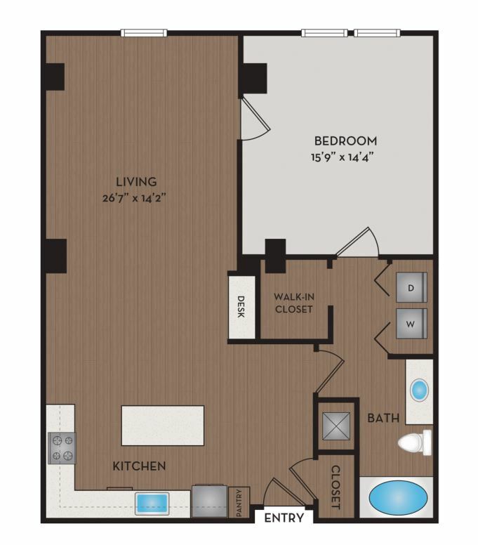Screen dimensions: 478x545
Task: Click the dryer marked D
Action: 411,287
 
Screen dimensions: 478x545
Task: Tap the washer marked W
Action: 411,324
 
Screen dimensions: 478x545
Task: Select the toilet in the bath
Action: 415,442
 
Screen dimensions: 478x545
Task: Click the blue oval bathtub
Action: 398,498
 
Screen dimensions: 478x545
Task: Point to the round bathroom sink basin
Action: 419,390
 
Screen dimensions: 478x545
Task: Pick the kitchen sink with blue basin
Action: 152,504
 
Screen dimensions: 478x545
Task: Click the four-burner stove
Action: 62,448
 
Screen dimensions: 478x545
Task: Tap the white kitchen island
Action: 163,426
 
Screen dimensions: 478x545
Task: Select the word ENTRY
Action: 284,518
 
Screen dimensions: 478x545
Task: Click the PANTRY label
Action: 239,503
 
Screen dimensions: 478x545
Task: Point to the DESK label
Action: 241,306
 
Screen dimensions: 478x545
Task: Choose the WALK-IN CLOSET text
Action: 294,303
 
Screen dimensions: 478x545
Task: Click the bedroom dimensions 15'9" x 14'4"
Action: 342,157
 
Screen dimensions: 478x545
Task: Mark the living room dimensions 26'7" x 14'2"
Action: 134,198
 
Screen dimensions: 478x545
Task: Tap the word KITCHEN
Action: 139,466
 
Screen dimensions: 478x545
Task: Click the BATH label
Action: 383,418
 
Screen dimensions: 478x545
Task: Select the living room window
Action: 144,33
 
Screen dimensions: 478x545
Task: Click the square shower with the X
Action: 336,426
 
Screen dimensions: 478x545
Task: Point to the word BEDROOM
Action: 345,140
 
